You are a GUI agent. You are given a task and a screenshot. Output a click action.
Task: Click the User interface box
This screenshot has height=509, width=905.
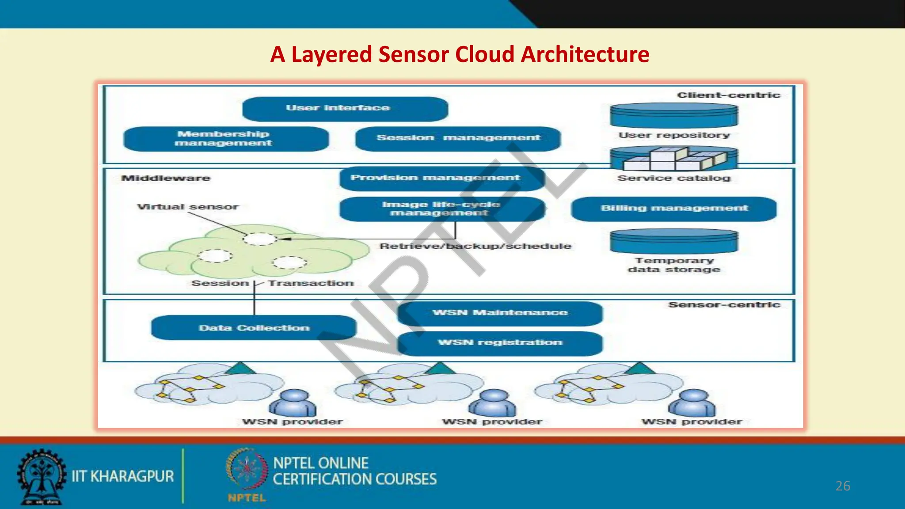click(x=345, y=109)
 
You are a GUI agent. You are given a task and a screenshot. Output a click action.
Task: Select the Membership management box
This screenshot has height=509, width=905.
click(x=226, y=139)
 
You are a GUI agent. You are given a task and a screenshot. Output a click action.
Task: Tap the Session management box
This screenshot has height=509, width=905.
click(x=458, y=138)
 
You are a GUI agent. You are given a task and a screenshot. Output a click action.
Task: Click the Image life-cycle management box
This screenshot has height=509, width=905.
click(x=441, y=209)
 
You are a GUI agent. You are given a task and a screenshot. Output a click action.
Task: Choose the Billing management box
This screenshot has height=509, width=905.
click(x=673, y=209)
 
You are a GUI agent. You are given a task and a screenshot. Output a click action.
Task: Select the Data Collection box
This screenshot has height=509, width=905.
click(x=254, y=328)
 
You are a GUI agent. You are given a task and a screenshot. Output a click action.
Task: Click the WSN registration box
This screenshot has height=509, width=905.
click(x=500, y=343)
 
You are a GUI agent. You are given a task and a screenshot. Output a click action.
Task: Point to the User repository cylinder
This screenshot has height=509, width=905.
click(x=674, y=115)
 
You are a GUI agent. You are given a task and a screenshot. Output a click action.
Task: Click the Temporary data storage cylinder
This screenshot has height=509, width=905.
click(x=674, y=241)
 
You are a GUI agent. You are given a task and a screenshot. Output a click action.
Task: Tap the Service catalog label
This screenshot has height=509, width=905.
click(x=674, y=178)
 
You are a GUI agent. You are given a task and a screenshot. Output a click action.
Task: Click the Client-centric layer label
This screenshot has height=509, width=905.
click(x=728, y=95)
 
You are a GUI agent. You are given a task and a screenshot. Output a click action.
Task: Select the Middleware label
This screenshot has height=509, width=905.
click(x=166, y=179)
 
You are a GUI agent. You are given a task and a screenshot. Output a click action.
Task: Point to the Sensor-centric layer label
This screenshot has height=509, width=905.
click(x=724, y=305)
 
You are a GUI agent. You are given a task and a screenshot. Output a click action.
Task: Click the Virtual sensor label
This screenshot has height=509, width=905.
click(x=188, y=207)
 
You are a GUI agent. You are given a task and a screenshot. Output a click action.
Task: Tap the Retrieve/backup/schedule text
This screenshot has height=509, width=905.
click(x=475, y=246)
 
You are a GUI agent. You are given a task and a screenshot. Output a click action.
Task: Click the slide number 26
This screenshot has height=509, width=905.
click(x=843, y=486)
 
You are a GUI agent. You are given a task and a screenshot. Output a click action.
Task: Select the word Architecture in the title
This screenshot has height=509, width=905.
click(x=585, y=55)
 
